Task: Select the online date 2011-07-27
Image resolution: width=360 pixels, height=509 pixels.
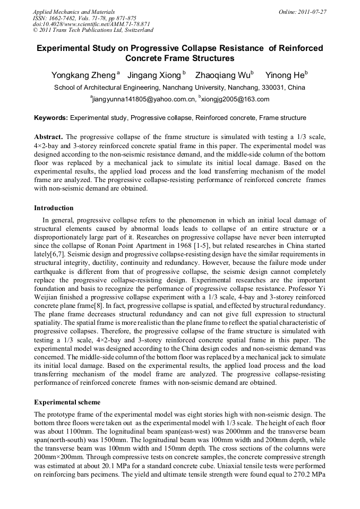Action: [x=312, y=11]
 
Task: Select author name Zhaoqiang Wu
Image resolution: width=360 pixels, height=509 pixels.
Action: [x=222, y=75]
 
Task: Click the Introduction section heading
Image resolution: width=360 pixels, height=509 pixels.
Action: [x=54, y=208]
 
